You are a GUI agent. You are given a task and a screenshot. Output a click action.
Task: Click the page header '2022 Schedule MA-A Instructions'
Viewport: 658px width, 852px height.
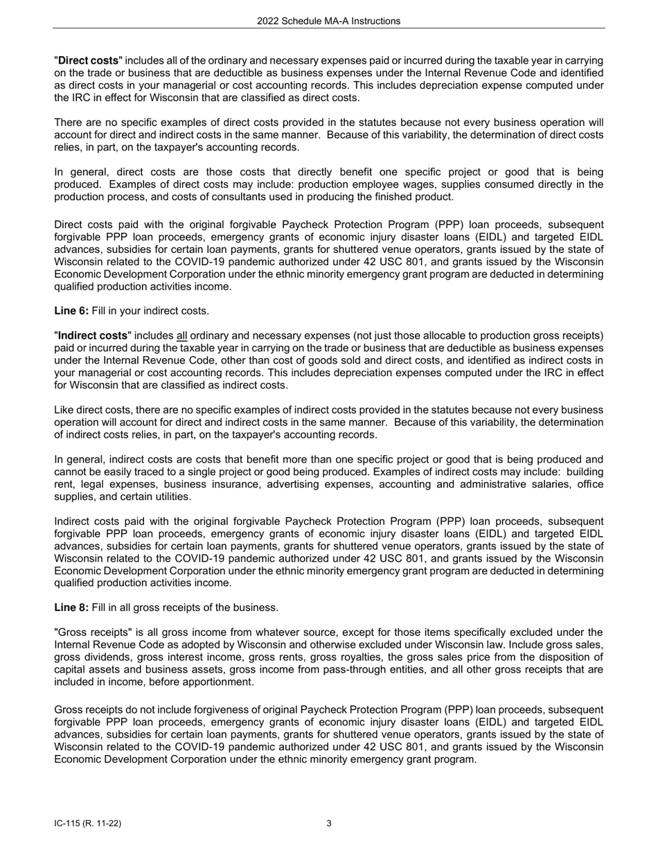[x=328, y=21]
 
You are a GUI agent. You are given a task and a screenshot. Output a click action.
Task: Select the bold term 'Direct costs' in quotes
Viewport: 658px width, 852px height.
[x=88, y=61]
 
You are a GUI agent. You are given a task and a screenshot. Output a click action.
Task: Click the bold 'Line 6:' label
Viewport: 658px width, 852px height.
[x=71, y=311]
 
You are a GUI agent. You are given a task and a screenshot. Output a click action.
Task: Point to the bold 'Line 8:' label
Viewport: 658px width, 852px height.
[x=71, y=607]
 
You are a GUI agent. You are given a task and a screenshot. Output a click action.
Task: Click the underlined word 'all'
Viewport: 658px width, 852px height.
[x=182, y=335]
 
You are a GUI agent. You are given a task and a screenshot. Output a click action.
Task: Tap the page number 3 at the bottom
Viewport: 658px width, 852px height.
[x=329, y=824]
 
